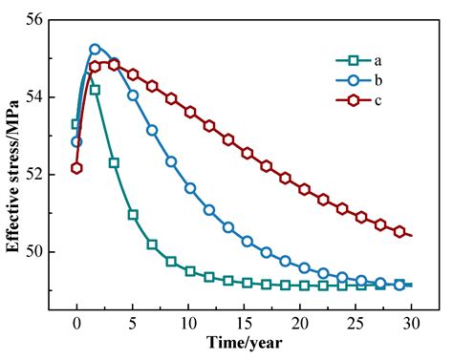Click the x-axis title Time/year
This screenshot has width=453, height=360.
pyautogui.click(x=244, y=342)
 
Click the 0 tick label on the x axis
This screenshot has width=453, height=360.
pyautogui.click(x=76, y=323)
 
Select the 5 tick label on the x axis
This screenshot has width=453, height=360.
pyautogui.click(x=133, y=323)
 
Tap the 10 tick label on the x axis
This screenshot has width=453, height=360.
pyautogui.click(x=188, y=323)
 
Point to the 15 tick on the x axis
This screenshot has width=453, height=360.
pyautogui.click(x=244, y=323)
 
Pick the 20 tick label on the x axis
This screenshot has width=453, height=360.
pyautogui.click(x=300, y=323)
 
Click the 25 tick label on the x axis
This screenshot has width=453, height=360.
pyautogui.click(x=356, y=323)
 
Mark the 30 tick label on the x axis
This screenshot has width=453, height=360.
pyautogui.click(x=411, y=323)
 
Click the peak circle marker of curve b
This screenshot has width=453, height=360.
pyautogui.click(x=95, y=49)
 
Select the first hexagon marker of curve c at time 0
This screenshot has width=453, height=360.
pyautogui.click(x=76, y=168)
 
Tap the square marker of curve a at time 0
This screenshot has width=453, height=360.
pyautogui.click(x=76, y=124)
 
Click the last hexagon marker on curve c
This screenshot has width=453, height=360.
pyautogui.click(x=399, y=231)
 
